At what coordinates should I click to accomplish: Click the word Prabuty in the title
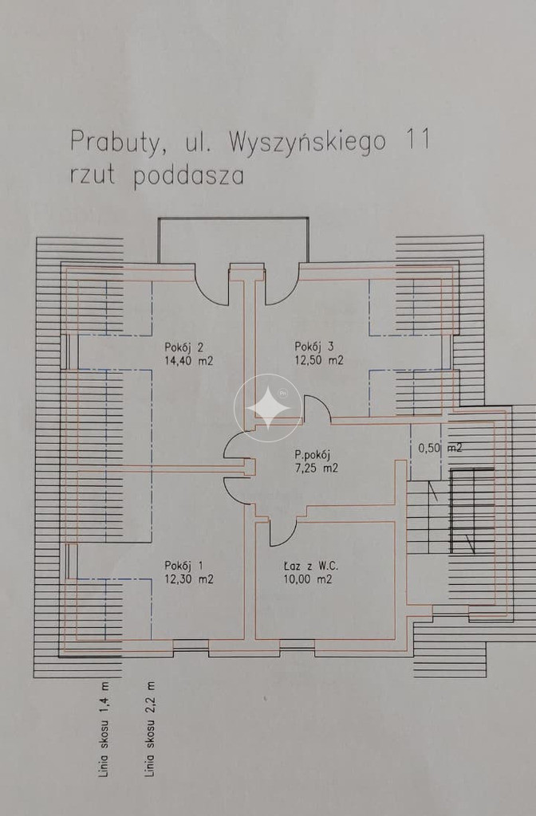tap(115, 143)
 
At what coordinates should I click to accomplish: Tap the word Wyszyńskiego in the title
tap(307, 143)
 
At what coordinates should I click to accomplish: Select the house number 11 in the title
tap(416, 140)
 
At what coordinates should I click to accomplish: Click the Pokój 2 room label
tap(183, 347)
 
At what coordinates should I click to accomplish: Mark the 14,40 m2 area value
tap(188, 361)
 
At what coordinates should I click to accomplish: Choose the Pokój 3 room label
tap(313, 347)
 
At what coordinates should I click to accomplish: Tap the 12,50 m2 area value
tap(319, 360)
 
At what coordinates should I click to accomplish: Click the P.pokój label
tap(313, 455)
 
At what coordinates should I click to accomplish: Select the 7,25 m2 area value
tap(316, 469)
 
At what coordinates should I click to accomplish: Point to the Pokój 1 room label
tap(183, 566)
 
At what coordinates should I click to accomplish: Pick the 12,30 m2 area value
tap(188, 579)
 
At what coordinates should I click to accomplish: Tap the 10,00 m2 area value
tap(308, 579)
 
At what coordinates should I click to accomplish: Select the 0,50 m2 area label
tap(440, 448)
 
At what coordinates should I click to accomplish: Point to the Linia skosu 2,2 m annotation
tap(150, 729)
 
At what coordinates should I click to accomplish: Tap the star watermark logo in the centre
tap(268, 408)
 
